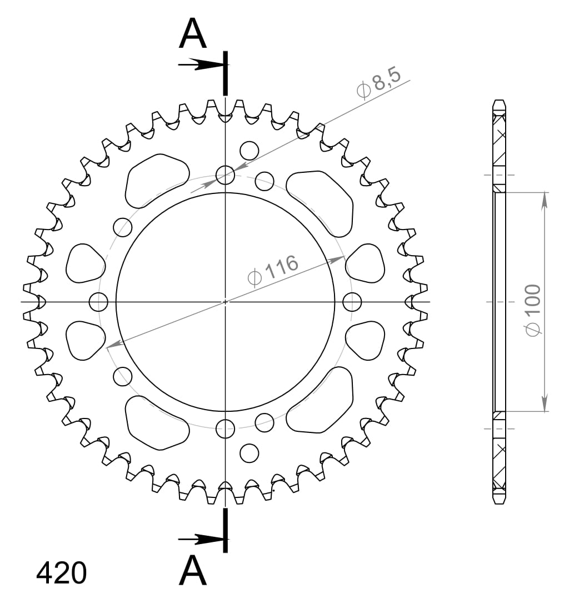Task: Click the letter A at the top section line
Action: point(193,34)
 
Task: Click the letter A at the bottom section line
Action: point(193,571)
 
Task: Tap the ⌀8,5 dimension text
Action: point(378,85)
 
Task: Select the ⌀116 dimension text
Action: point(273,271)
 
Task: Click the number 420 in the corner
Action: point(62,573)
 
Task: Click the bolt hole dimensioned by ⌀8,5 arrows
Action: point(225,175)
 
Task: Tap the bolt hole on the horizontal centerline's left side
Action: point(98,302)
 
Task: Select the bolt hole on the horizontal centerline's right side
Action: point(352,302)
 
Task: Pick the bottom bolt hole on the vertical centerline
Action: point(225,428)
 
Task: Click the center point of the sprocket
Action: point(225,302)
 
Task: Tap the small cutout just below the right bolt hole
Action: point(365,341)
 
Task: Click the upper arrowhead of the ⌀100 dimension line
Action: point(545,201)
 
